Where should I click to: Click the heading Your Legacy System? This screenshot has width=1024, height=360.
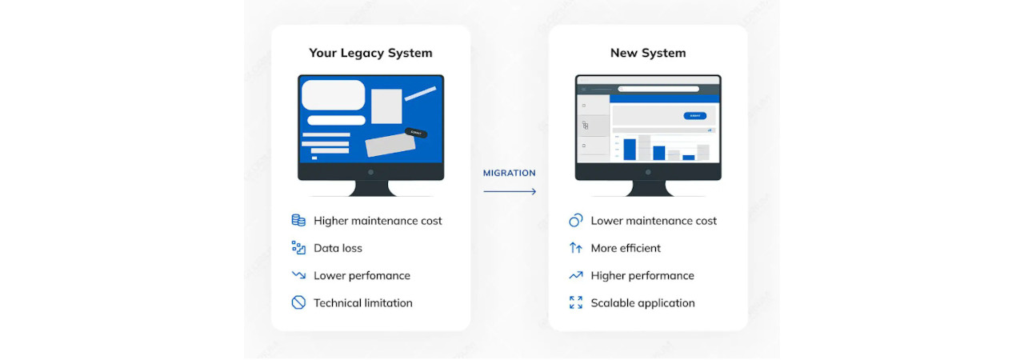click(x=370, y=54)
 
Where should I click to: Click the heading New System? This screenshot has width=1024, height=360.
click(x=647, y=54)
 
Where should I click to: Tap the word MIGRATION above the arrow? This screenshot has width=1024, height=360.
click(x=510, y=173)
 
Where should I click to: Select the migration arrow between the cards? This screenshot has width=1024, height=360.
click(x=510, y=191)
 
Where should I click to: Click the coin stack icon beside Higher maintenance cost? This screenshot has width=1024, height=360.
click(x=298, y=221)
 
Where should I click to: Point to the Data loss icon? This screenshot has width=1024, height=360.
click(x=298, y=248)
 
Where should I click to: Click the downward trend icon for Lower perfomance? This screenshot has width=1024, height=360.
click(x=298, y=275)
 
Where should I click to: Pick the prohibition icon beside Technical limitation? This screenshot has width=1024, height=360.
click(x=298, y=302)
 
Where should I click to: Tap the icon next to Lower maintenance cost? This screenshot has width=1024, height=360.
click(x=575, y=221)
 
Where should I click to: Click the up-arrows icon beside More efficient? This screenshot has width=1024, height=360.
click(x=575, y=248)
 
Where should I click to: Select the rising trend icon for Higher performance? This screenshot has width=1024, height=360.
click(x=575, y=275)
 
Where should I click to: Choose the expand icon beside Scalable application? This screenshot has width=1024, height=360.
click(x=575, y=302)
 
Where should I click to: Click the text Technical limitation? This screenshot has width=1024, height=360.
click(x=362, y=303)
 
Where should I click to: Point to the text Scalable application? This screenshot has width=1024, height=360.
click(x=642, y=303)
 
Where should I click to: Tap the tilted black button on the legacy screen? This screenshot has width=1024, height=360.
click(x=415, y=133)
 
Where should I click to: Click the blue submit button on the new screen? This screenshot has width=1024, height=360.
click(x=694, y=116)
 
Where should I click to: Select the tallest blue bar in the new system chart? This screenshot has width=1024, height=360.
click(x=630, y=150)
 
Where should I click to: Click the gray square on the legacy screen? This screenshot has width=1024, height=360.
click(x=386, y=106)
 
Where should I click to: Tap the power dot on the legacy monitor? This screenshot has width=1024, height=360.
click(x=370, y=172)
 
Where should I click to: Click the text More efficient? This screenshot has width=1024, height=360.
click(x=626, y=248)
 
